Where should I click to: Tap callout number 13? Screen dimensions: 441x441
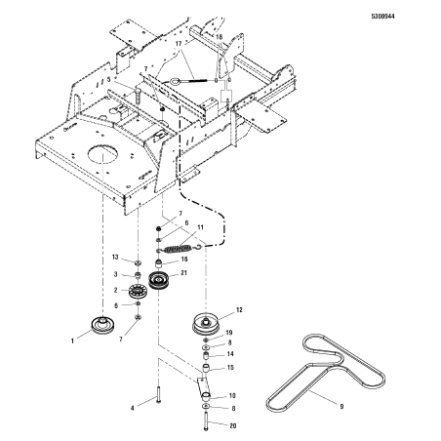point(115,257)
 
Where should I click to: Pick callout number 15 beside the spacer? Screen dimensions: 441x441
point(229,367)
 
